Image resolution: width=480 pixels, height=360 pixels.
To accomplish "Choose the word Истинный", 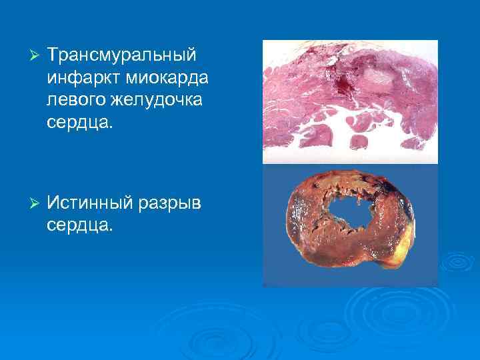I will tap(91, 202).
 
